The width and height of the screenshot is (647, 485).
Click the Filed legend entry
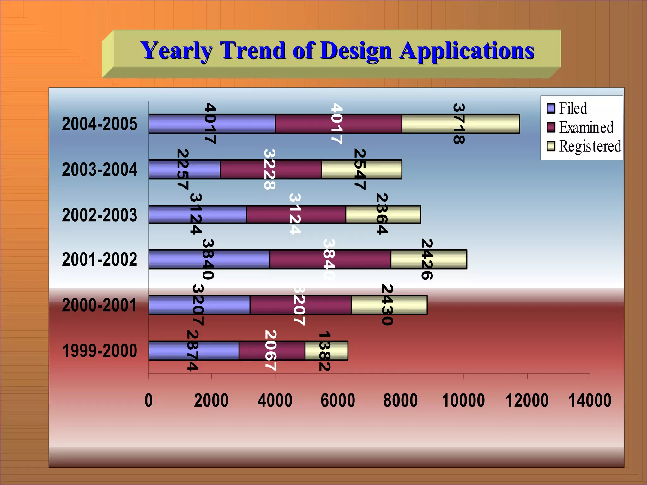[x=567, y=108]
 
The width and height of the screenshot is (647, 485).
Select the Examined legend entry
[x=580, y=127]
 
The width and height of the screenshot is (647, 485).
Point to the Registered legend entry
[x=584, y=146]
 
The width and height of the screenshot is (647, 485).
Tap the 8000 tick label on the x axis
[x=400, y=400]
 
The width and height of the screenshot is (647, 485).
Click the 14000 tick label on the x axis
[x=590, y=400]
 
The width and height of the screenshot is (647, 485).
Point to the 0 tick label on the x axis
[x=148, y=400]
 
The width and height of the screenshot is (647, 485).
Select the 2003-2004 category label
[x=100, y=170]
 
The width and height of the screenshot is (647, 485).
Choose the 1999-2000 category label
[x=100, y=351]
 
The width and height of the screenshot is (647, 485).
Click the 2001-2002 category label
[x=100, y=259]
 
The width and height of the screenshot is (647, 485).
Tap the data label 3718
[x=459, y=123]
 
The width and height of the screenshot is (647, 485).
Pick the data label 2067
[x=271, y=350]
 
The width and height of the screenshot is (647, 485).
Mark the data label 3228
[x=269, y=169]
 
